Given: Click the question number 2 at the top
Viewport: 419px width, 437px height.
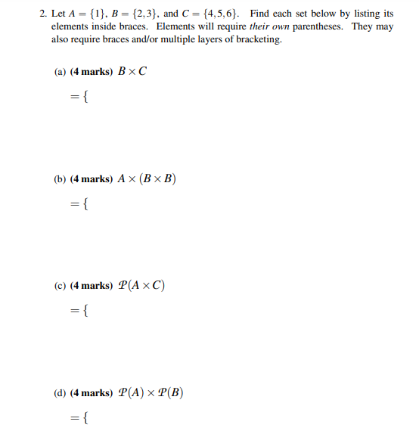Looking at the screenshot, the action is pyautogui.click(x=42, y=14).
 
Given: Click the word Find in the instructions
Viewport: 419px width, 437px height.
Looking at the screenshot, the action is pyautogui.click(x=259, y=14).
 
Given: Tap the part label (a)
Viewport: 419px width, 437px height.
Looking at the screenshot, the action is pyautogui.click(x=60, y=72).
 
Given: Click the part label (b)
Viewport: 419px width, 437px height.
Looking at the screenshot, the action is pyautogui.click(x=60, y=179).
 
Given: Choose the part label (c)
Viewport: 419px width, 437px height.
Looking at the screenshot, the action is pyautogui.click(x=60, y=286).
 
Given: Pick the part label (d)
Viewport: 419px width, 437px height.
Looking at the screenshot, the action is pyautogui.click(x=60, y=393).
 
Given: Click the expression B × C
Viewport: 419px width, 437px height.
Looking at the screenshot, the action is pyautogui.click(x=132, y=72).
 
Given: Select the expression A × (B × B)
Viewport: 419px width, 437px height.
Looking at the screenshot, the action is pyautogui.click(x=147, y=179).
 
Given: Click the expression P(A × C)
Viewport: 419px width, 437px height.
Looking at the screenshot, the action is pyautogui.click(x=142, y=286).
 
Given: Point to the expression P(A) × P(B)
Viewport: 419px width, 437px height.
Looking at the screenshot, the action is pyautogui.click(x=151, y=393).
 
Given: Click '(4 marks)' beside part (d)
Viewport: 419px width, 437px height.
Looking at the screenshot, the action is pyautogui.click(x=91, y=393).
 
